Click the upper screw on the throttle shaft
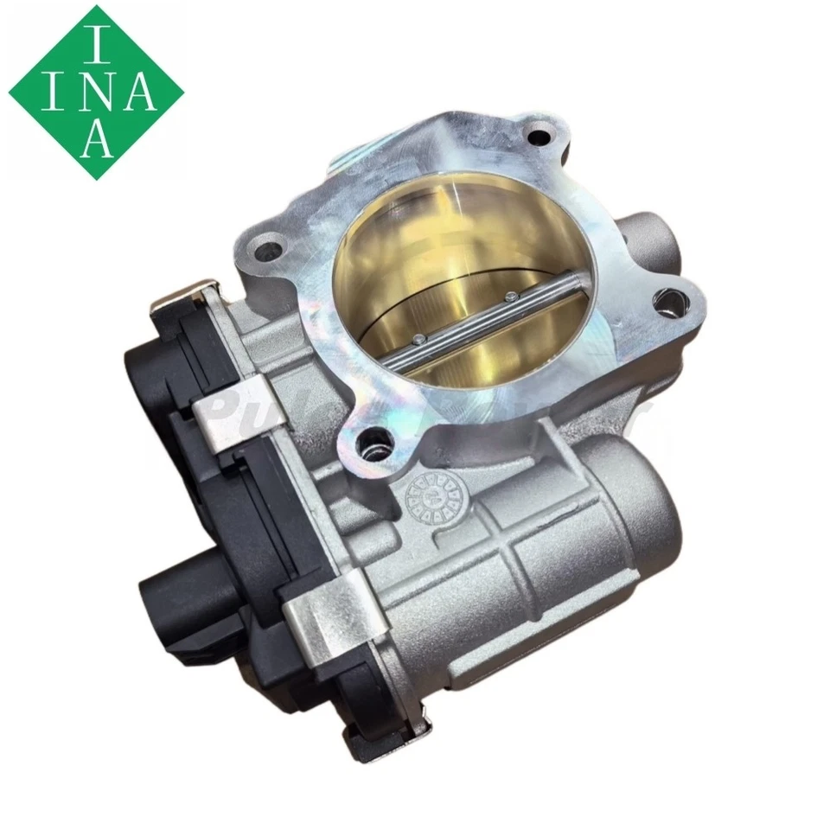[x=514, y=297]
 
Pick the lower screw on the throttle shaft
[x=420, y=339]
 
